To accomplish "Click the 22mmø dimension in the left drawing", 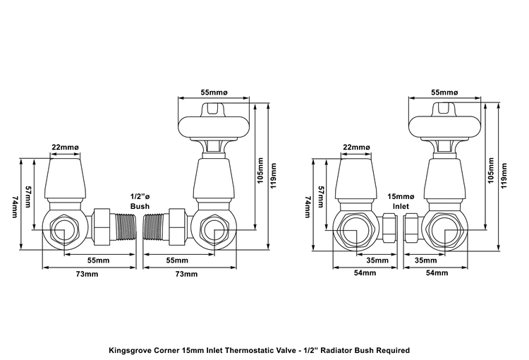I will tap(65, 148).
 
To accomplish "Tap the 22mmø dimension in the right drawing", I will tap(356, 148).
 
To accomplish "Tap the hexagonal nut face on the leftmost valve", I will tap(63, 229).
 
